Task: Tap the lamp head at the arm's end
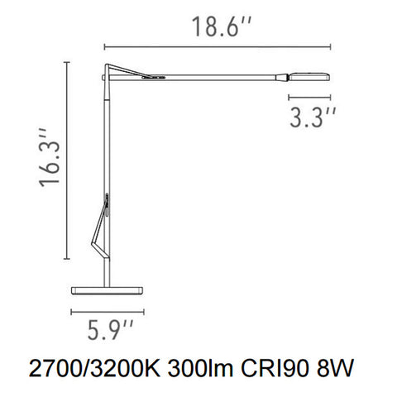click(309, 77)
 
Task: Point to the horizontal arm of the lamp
click(207, 76)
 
